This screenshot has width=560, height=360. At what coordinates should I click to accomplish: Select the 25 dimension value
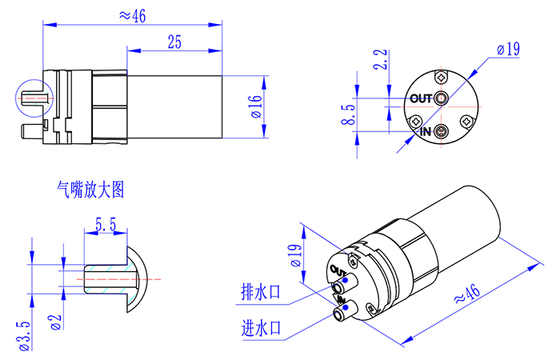pyautogui.click(x=174, y=42)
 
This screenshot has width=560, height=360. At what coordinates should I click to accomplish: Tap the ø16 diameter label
pyautogui.click(x=255, y=106)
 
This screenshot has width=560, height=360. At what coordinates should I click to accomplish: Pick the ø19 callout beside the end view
pyautogui.click(x=508, y=49)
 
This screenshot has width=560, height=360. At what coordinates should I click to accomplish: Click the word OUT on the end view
pyautogui.click(x=420, y=99)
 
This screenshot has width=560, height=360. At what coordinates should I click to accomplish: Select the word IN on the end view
pyautogui.click(x=425, y=131)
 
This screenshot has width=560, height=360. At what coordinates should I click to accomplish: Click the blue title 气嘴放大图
pyautogui.click(x=90, y=190)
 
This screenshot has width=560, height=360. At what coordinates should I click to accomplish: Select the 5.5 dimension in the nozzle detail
pyautogui.click(x=105, y=226)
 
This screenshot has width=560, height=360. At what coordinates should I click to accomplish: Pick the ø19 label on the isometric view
pyautogui.click(x=294, y=256)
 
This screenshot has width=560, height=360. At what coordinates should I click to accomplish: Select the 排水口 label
pyautogui.click(x=261, y=292)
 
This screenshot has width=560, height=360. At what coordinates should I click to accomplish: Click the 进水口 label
pyautogui.click(x=261, y=328)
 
